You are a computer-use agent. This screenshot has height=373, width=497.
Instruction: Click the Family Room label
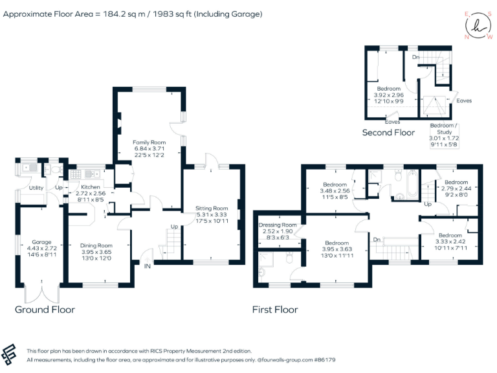[149, 142]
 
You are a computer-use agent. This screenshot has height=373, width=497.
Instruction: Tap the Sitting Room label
[212, 209]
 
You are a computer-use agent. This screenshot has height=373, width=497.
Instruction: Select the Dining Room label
[96, 245]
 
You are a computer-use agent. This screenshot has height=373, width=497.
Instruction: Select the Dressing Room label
[277, 225]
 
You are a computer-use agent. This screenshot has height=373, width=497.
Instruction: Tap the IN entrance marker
[147, 266]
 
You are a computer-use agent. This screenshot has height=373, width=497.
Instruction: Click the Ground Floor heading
[45, 310]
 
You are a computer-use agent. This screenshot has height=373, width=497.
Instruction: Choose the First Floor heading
[275, 310]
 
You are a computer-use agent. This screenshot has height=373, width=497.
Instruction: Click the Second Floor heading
[388, 132]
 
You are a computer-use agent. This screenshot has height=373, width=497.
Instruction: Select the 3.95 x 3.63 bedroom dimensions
[337, 249]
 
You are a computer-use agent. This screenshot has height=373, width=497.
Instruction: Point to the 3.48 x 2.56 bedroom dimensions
[334, 191]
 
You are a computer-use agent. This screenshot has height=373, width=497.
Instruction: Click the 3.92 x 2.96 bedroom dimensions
[389, 95]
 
